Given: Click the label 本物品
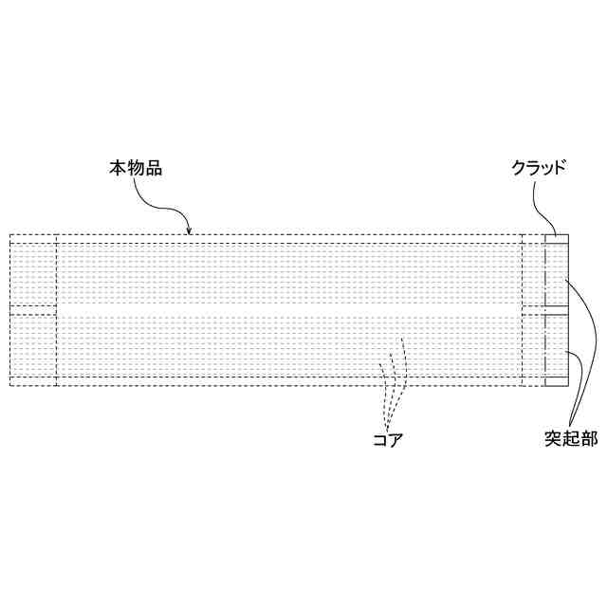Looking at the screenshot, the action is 135,169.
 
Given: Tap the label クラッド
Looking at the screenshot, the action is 539,169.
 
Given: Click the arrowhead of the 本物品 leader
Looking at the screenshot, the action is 190,231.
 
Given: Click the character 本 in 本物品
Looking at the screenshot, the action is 117,169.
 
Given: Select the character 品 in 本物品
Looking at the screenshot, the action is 154,169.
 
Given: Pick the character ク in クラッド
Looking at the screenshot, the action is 518,169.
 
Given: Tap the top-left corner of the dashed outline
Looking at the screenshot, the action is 9,234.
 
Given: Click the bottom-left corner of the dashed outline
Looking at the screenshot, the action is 9,386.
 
